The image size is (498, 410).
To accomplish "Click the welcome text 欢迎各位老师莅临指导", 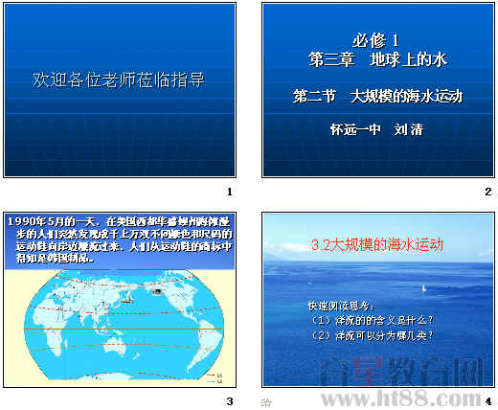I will [119, 80].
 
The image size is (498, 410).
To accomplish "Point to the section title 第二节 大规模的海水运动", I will [376, 97].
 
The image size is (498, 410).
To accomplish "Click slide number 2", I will [487, 192].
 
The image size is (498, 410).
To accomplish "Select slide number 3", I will [229, 400].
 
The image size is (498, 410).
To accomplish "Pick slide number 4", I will [487, 400].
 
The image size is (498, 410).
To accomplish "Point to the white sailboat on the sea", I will [423, 287].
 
